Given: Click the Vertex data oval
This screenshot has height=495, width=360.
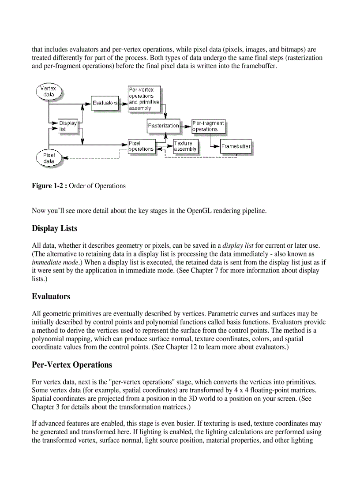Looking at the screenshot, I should pos(49,91).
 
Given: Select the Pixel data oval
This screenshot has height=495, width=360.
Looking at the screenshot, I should pos(49,158).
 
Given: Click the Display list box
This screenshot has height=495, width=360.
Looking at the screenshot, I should pos(67,126).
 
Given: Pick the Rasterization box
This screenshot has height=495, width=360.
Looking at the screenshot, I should pos(163,126).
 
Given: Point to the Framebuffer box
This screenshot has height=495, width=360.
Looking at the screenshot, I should pos(236,146).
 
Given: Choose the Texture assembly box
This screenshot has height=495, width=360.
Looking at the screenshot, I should pos(185,146).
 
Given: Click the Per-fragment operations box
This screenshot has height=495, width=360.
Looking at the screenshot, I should pos(208,126).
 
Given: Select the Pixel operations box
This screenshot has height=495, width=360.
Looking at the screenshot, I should pos(141,146).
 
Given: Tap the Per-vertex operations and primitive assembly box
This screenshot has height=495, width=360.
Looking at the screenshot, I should pos(143,99).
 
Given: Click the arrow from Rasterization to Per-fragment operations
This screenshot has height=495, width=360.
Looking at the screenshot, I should pos(186,126).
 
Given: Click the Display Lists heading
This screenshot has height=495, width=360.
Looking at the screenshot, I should pos(54,228).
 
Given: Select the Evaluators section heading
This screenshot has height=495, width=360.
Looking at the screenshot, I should pos(51,296).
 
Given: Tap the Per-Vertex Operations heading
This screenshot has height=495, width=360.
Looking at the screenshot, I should pos(72,365).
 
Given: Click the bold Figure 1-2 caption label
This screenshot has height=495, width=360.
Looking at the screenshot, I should pos(49,186).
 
